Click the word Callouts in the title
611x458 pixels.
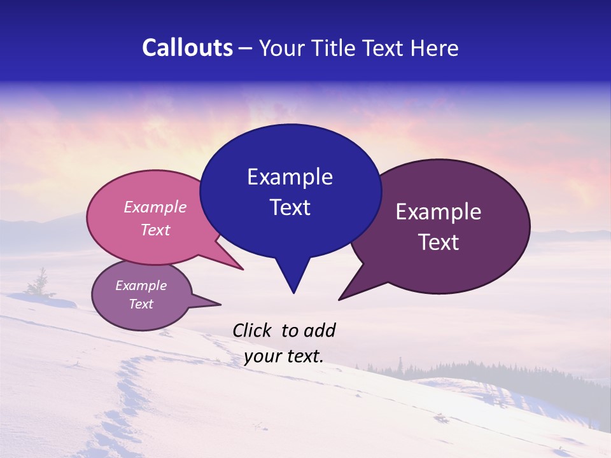(187, 48)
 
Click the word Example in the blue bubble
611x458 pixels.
(290, 177)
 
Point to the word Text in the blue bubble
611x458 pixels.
(290, 207)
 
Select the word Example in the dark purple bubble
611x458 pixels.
(439, 212)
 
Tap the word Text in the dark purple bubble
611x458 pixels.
(439, 242)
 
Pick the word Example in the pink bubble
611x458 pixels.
(155, 207)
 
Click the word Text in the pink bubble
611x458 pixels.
(155, 230)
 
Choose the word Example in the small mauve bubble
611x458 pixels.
(141, 286)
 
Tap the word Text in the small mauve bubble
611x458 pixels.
(141, 304)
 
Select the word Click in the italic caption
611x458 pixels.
(252, 330)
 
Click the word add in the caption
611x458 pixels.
(319, 330)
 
